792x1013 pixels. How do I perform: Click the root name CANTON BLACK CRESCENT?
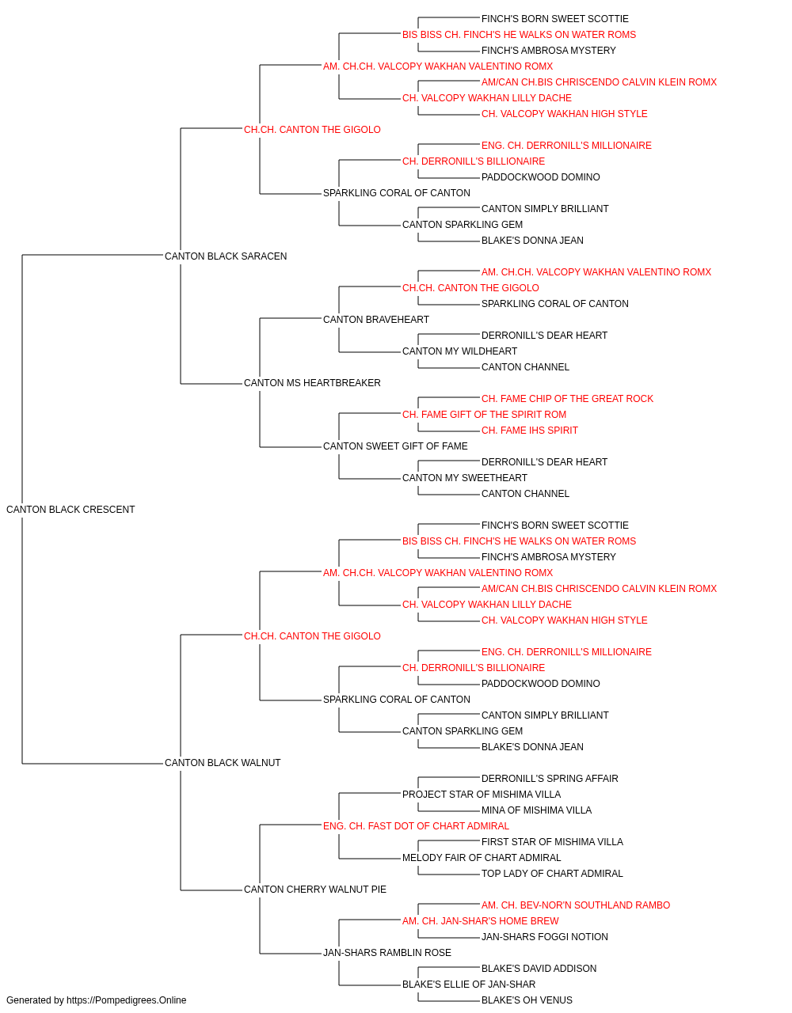70,510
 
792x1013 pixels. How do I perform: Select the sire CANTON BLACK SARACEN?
226,256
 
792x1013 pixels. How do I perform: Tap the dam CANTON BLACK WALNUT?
223,763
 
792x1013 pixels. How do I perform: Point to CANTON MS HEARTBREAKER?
312,383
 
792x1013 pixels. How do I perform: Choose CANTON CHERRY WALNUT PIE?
315,889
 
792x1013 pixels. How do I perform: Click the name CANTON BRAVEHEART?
376,319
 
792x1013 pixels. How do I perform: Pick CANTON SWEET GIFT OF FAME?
395,446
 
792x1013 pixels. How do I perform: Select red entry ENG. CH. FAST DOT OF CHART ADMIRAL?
416,826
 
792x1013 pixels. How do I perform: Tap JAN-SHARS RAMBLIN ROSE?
387,952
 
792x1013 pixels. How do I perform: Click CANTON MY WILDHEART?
459,351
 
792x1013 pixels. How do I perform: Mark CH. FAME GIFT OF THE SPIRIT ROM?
484,415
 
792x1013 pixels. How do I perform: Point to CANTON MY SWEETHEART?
465,478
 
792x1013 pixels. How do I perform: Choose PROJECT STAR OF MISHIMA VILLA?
482,795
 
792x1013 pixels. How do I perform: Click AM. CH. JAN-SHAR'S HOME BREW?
481,920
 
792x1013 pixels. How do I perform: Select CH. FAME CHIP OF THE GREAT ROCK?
567,399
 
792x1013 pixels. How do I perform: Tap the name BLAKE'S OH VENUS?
527,1000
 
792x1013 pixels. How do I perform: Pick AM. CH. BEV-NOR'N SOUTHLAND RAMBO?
576,905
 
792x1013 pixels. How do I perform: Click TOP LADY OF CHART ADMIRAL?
552,873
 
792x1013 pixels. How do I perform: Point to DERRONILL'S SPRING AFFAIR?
550,779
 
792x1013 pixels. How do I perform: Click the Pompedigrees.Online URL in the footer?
127,1000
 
